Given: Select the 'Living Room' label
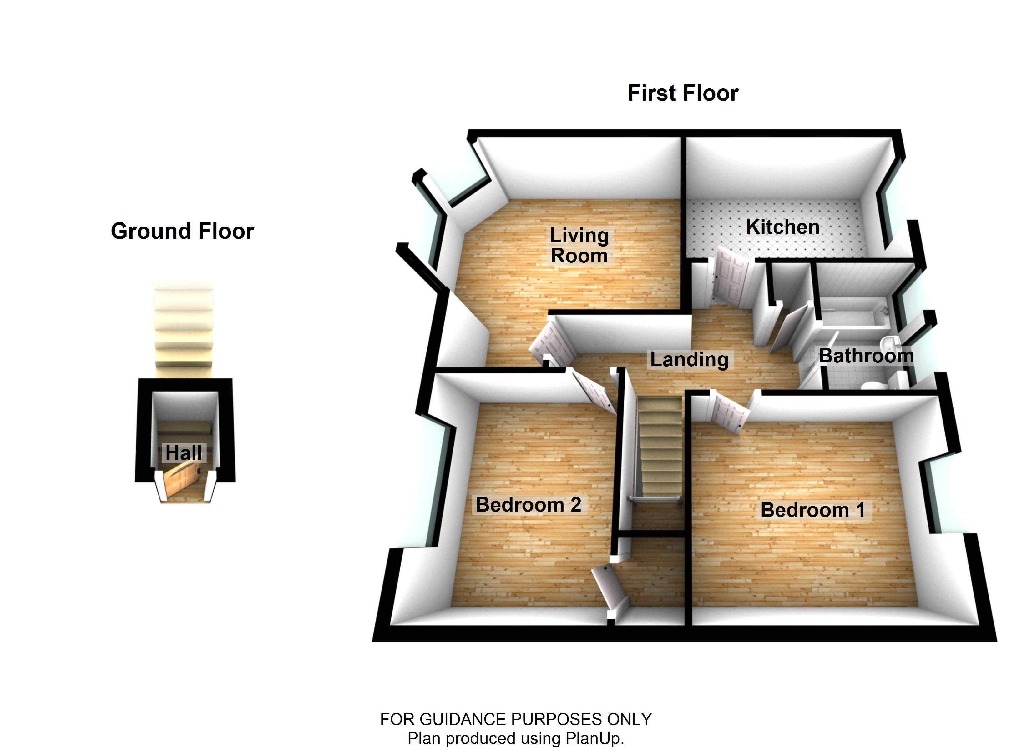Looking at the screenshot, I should [x=579, y=246].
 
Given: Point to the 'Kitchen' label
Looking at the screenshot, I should [x=783, y=227].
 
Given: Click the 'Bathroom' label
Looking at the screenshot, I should [x=866, y=356].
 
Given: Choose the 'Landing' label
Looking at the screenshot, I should [x=689, y=359].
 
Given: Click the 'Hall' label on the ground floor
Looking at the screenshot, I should [x=183, y=453].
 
